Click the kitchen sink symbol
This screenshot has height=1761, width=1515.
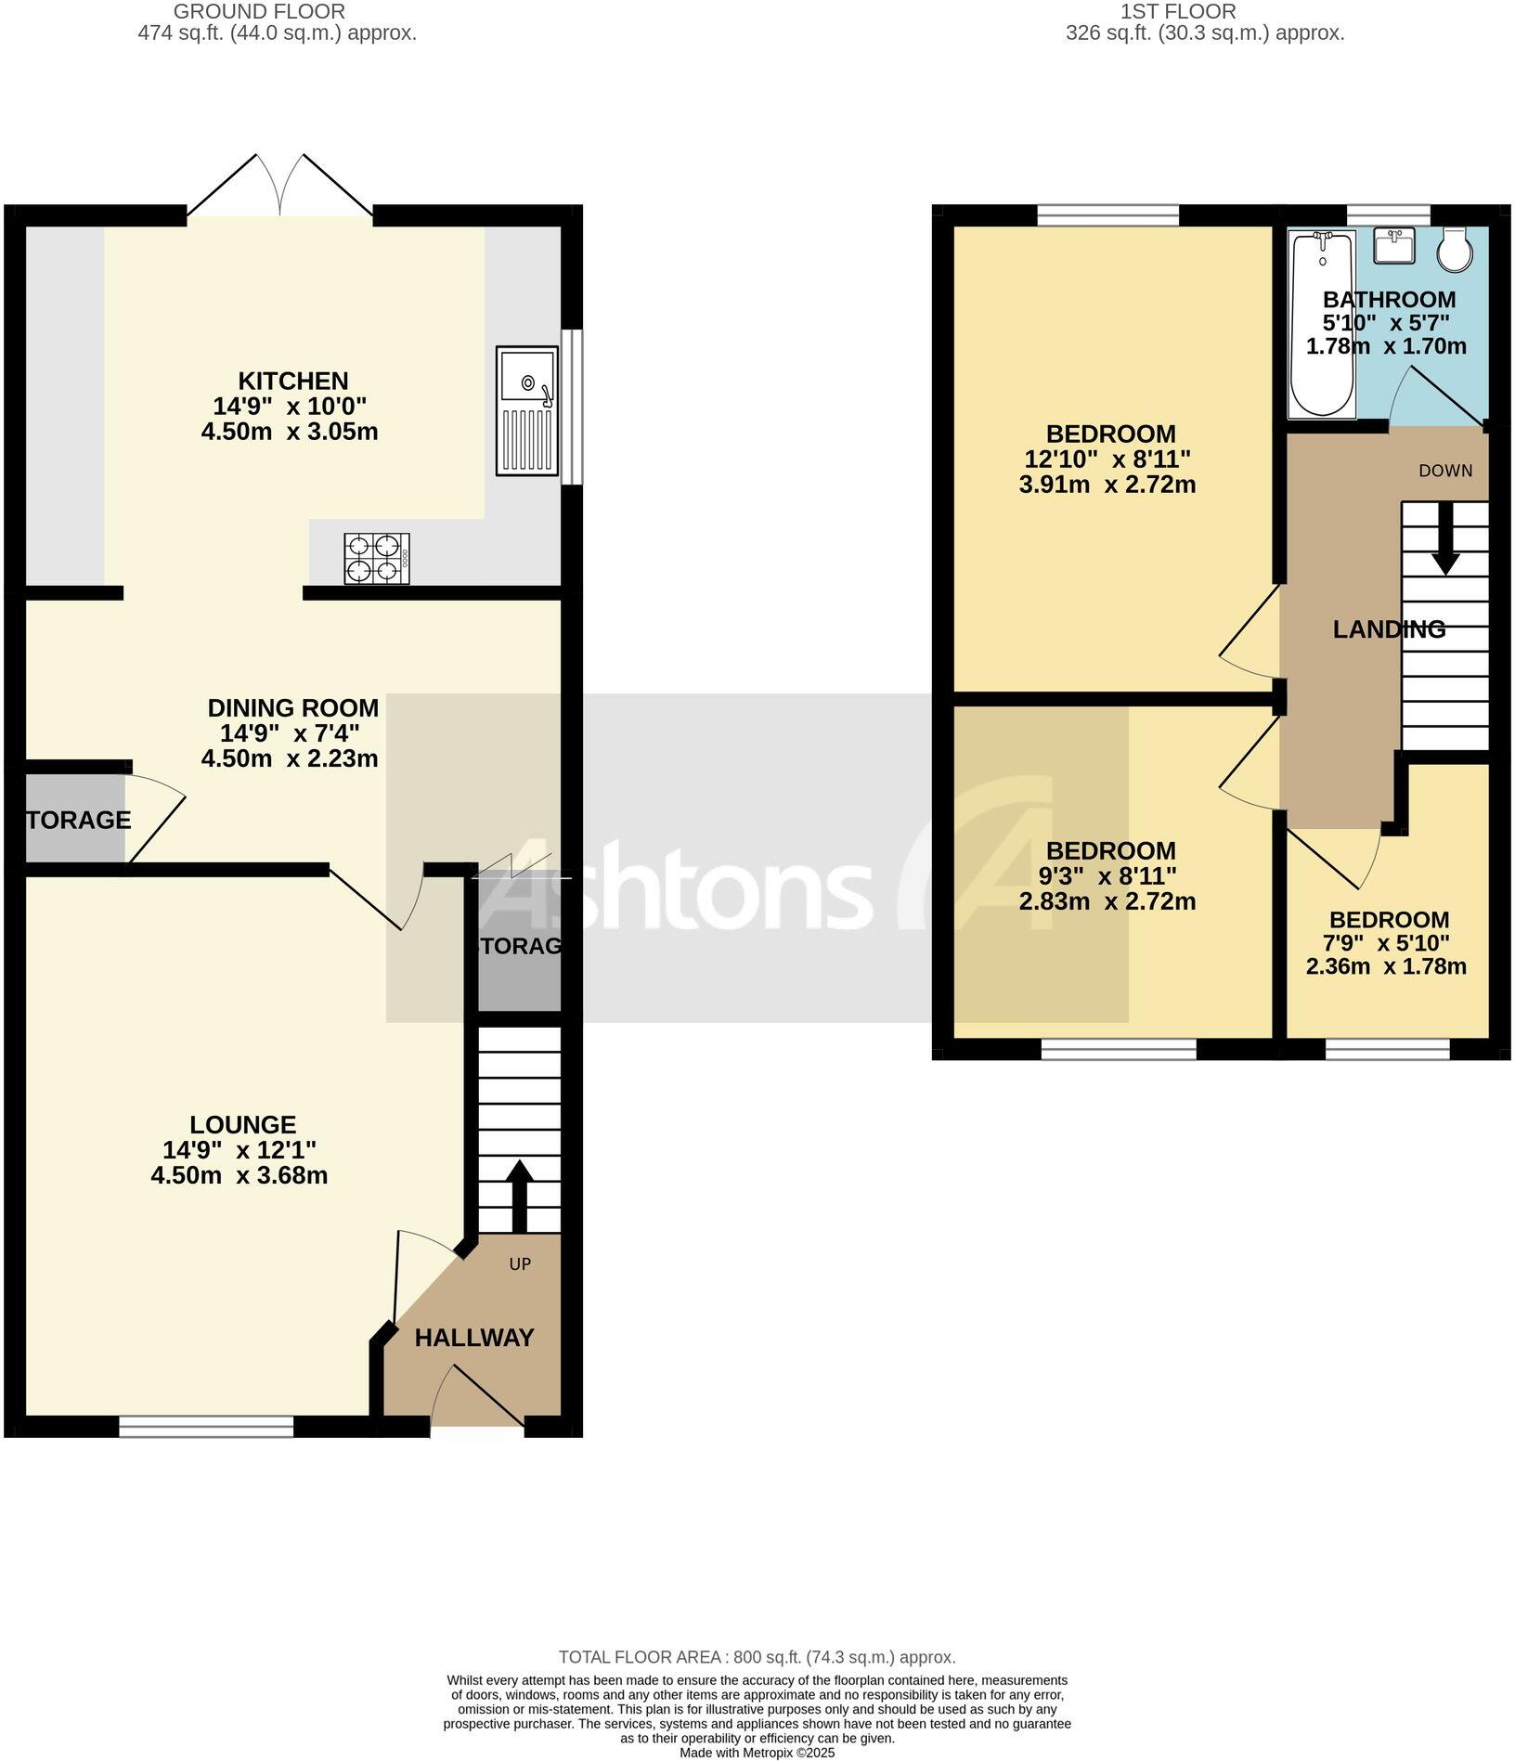click(527, 410)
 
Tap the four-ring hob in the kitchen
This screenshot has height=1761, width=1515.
click(376, 558)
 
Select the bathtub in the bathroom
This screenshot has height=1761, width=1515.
click(1322, 325)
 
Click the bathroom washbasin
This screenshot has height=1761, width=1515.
click(1394, 246)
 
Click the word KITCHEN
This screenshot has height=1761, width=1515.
click(293, 381)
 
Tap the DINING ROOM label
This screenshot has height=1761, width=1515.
click(293, 708)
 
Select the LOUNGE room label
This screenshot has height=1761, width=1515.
click(243, 1125)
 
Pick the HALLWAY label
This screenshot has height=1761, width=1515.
click(474, 1338)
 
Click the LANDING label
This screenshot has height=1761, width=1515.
click(1389, 629)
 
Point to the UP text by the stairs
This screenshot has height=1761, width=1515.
click(520, 1264)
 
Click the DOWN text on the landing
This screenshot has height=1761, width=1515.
click(1445, 471)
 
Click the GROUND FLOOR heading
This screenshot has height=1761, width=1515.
click(260, 12)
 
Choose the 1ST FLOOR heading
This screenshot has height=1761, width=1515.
click(1178, 12)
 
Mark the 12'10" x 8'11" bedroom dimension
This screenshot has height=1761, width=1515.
click(1107, 459)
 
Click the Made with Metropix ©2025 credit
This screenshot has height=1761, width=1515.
click(757, 1754)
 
